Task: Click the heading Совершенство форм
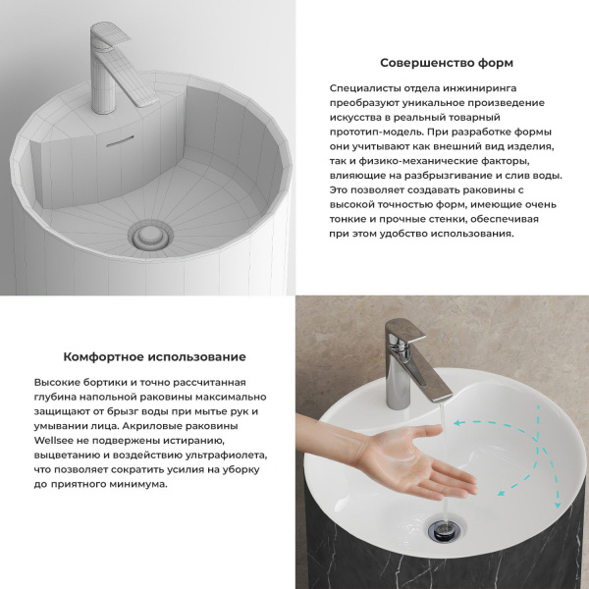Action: click(x=447, y=63)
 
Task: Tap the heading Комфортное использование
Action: click(x=155, y=356)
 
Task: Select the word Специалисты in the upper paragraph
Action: click(x=364, y=88)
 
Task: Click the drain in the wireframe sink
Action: click(x=150, y=236)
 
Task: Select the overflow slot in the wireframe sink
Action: click(x=120, y=140)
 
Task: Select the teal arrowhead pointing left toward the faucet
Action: click(x=458, y=423)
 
